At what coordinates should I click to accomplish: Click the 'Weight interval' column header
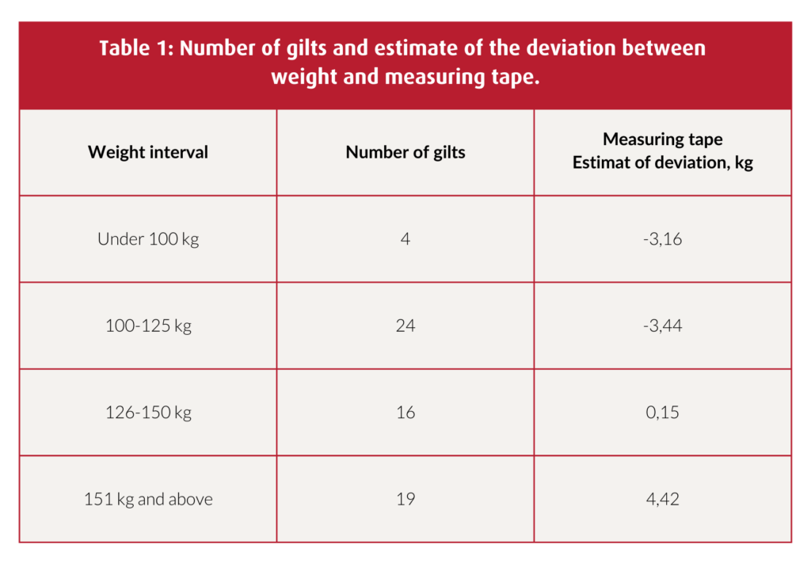(148, 152)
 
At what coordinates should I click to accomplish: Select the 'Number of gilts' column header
(405, 152)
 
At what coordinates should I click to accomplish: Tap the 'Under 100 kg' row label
(148, 238)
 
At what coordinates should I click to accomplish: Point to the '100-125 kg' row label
(148, 326)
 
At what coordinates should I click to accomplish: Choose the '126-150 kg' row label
(148, 413)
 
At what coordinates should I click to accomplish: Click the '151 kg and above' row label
(148, 499)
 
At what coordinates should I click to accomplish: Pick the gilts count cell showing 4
(405, 238)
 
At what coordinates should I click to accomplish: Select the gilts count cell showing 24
(405, 326)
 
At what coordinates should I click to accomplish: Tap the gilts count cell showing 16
(405, 413)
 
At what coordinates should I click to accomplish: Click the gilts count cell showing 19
(405, 499)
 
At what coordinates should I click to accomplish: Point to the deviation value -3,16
(663, 238)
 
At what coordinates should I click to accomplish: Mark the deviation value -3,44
(663, 326)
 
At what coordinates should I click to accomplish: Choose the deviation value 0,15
(663, 413)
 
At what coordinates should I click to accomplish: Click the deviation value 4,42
(663, 499)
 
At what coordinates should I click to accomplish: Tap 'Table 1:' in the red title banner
(136, 49)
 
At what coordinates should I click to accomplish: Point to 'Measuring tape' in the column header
(663, 139)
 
